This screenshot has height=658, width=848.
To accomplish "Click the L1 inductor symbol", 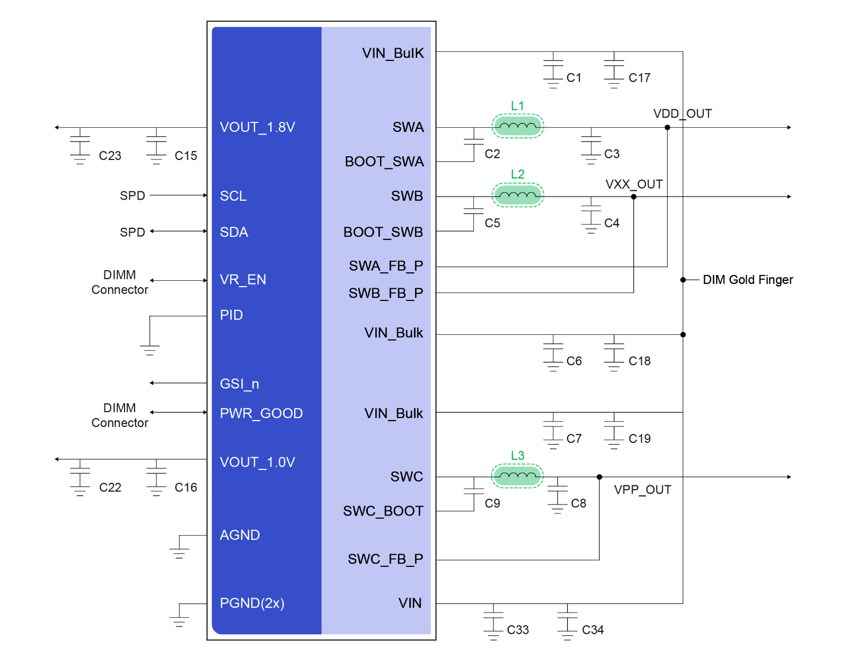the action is click(x=517, y=126).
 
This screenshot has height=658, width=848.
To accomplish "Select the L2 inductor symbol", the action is click(x=517, y=195).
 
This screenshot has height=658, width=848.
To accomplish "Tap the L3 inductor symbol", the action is click(x=517, y=475).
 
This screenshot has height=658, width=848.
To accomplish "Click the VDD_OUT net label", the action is click(x=682, y=114).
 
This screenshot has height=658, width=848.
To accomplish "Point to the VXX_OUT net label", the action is click(x=633, y=184).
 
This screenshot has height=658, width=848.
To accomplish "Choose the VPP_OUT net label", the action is click(x=642, y=490).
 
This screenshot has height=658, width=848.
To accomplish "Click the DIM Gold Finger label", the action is click(x=747, y=279).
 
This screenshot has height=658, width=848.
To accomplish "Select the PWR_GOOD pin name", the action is click(x=261, y=413).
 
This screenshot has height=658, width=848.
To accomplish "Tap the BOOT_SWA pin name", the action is click(x=384, y=162).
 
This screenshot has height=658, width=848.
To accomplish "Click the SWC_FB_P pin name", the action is click(x=385, y=559).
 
